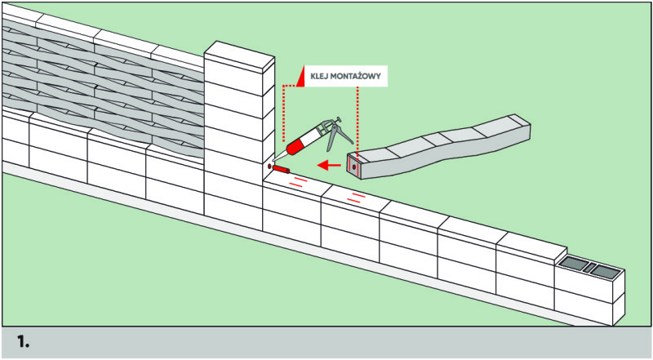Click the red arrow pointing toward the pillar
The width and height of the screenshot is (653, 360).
point(329,165)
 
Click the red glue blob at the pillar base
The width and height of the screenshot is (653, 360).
point(280,169)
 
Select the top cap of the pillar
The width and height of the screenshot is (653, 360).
point(238,53)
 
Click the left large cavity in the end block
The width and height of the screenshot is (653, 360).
point(578,264)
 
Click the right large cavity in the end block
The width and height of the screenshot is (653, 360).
point(606,270)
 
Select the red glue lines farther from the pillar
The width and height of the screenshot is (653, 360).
point(355,196)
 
